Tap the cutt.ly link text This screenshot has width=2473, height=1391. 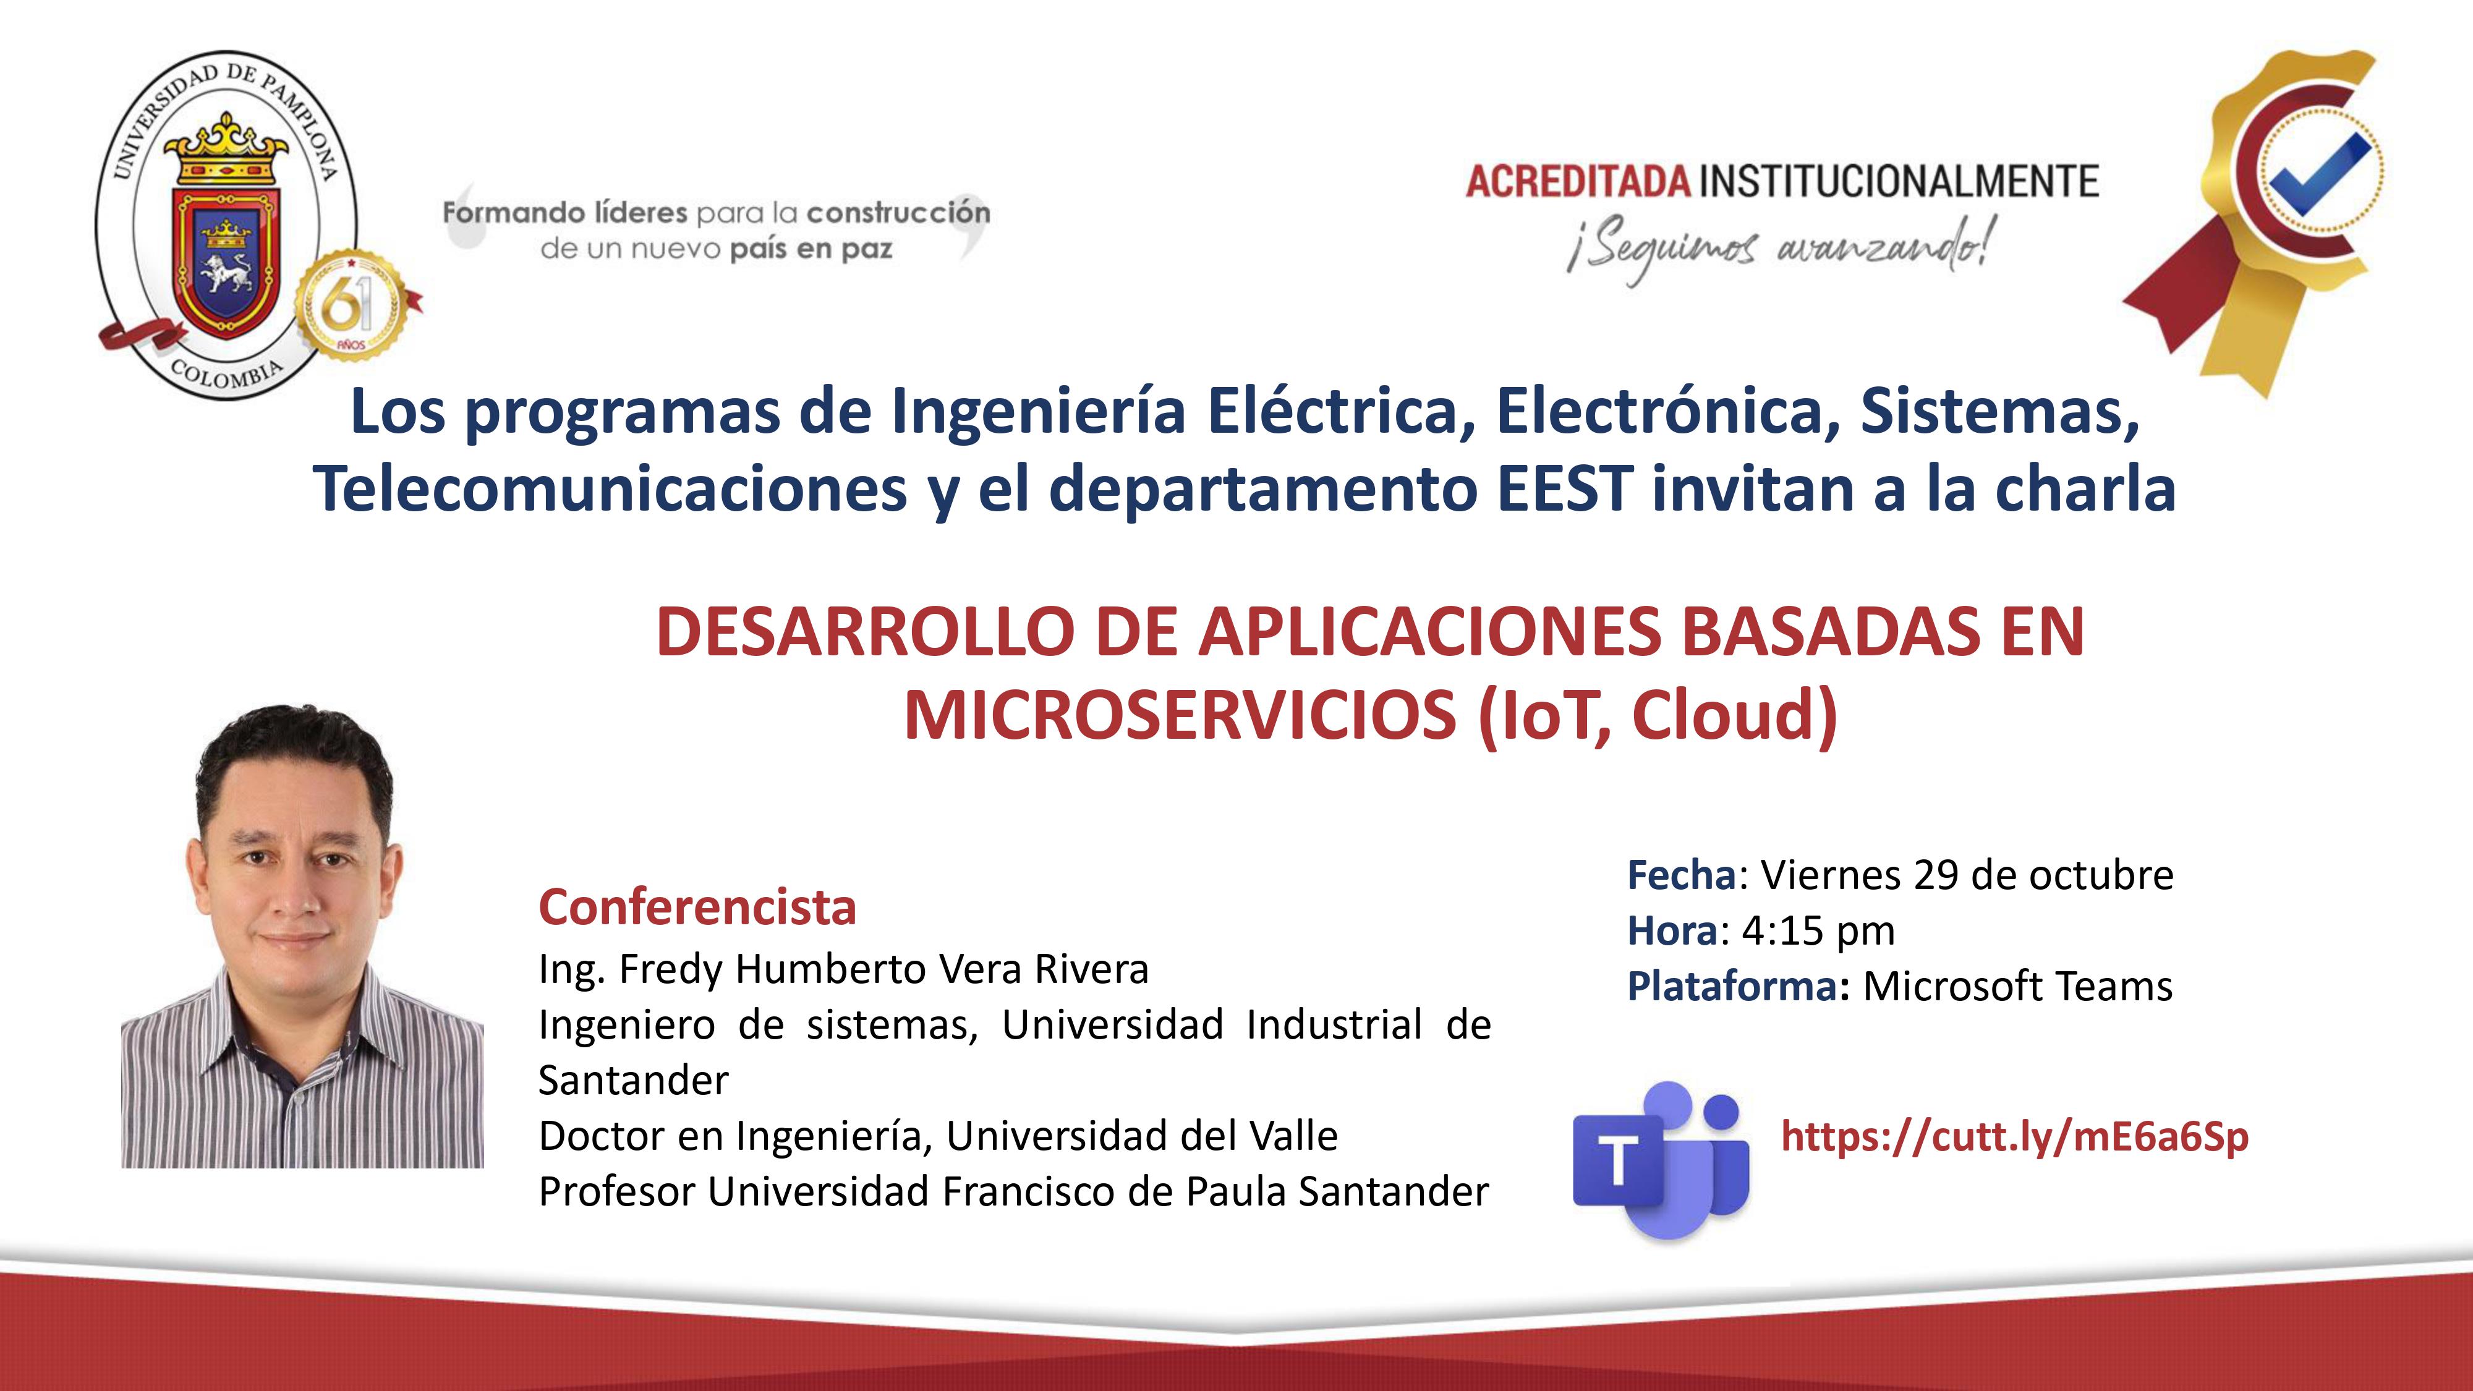tap(2014, 1137)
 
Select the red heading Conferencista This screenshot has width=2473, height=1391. tap(697, 907)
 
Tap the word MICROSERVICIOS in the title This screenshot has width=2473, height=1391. tap(1180, 715)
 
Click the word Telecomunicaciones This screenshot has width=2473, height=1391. tap(610, 488)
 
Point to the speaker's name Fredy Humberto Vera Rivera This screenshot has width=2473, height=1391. tap(883, 969)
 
